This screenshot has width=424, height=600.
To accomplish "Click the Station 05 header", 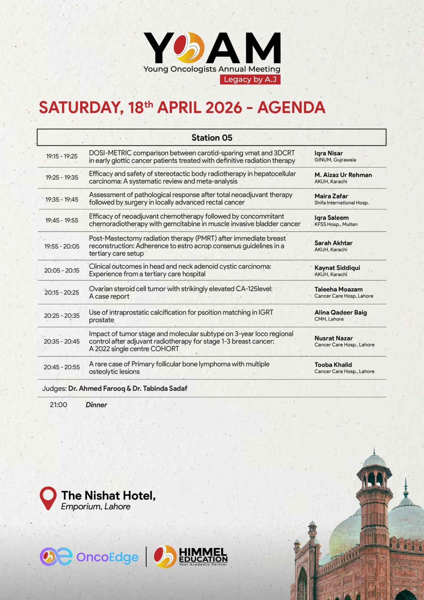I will tap(212, 137).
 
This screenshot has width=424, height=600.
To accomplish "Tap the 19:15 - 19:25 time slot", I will tap(62, 156).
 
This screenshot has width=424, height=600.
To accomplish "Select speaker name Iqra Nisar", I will tap(329, 153).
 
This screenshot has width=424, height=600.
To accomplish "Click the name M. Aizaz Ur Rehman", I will tap(343, 175).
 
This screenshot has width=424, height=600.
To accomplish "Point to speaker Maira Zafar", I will tap(331, 196).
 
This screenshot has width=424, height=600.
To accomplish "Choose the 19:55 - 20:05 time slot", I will tap(62, 246).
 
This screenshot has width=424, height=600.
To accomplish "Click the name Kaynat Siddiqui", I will tap(337, 268).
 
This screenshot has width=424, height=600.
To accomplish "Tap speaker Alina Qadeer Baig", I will tap(341, 312).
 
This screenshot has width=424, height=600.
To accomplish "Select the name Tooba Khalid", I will tap(333, 365).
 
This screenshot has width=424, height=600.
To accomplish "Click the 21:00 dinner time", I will tap(59, 405).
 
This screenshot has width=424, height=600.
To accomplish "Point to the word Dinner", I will tap(96, 405).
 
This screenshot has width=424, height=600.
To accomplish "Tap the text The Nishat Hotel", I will tap(108, 496).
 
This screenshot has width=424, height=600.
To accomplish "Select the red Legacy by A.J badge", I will tap(250, 80).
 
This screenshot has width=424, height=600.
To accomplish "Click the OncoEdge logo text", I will tap(107, 557).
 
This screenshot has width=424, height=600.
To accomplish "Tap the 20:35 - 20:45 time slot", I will tap(62, 342).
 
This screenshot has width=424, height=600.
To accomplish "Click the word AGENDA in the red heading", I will tap(291, 108).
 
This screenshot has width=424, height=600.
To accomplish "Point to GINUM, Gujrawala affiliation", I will tap(335, 160).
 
